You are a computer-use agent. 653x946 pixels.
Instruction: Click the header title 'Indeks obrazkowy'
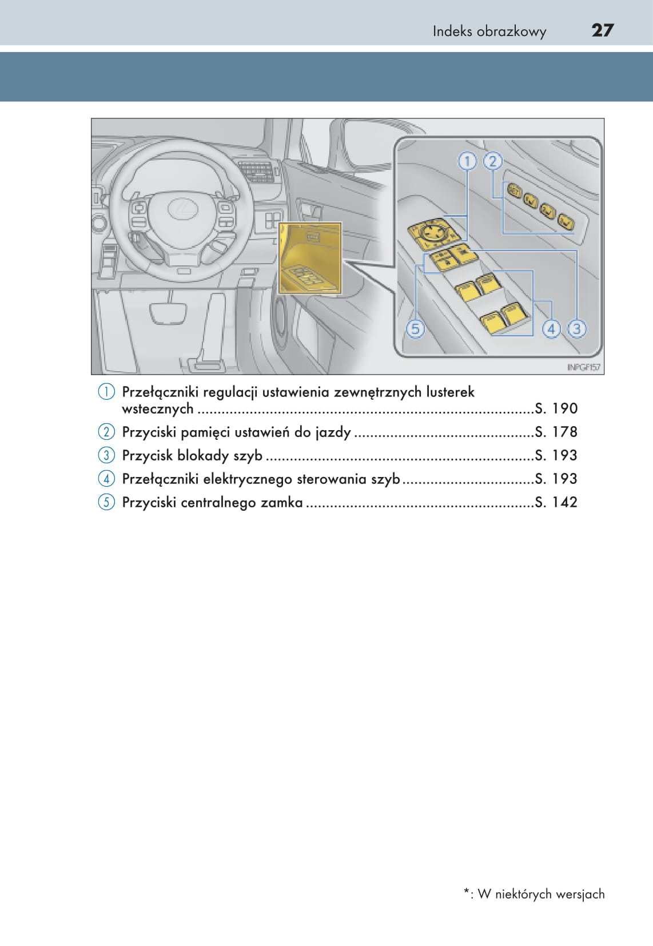click(489, 31)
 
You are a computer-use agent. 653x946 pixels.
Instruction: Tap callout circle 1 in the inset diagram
click(467, 161)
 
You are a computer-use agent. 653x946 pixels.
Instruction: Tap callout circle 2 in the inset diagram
click(492, 161)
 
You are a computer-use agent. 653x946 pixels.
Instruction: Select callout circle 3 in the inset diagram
click(576, 329)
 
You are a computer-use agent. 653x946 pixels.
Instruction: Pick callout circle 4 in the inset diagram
click(551, 329)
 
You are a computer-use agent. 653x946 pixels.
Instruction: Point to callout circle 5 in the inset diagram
click(415, 329)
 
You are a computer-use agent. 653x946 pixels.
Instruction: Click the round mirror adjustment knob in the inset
click(431, 232)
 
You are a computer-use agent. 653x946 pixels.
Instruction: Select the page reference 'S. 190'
click(556, 408)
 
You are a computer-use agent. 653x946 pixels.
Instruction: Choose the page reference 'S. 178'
click(556, 432)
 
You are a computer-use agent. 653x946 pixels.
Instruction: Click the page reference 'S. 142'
click(556, 502)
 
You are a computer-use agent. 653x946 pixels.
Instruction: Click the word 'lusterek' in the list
click(450, 392)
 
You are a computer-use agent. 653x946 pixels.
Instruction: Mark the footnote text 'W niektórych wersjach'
click(541, 894)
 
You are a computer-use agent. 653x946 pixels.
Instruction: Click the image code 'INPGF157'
click(583, 367)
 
